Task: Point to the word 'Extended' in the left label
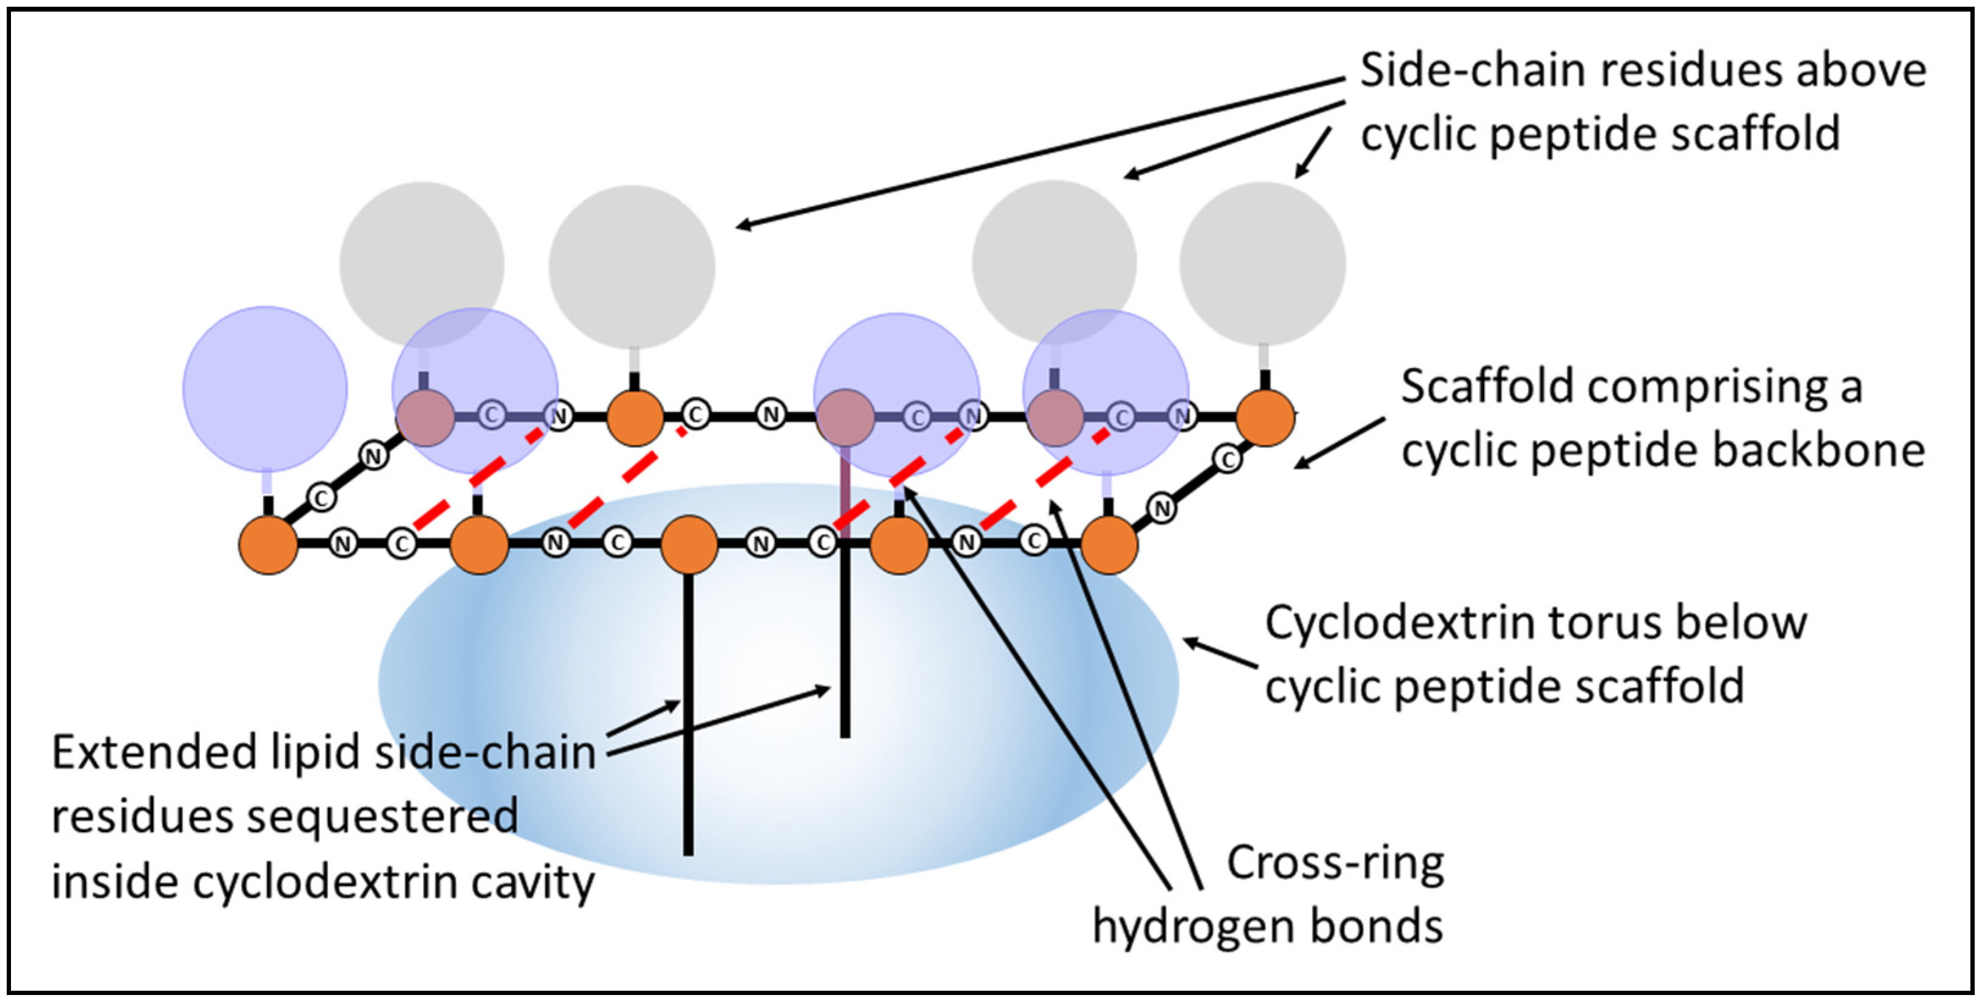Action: (154, 752)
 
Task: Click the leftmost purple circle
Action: (265, 389)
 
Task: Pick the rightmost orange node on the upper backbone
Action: (1265, 417)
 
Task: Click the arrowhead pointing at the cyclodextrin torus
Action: (1187, 640)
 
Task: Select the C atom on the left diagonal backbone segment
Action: (322, 498)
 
